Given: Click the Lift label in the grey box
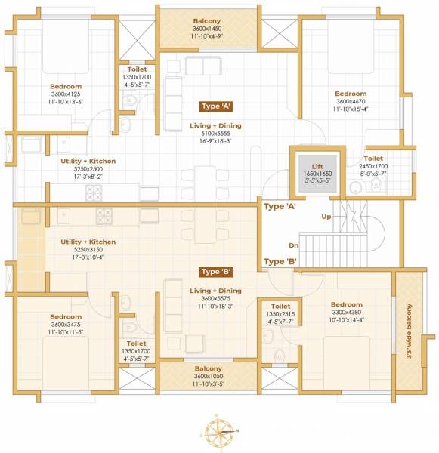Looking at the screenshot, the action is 317,166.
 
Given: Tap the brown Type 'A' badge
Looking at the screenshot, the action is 216,106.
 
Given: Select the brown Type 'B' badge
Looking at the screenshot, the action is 216,272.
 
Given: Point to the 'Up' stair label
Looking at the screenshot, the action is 326,217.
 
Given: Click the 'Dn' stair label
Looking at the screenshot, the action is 293,245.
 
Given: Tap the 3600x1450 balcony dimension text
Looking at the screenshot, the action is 207,29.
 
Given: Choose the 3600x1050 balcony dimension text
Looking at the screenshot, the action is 209,376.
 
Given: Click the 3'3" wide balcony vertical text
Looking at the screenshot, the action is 409,331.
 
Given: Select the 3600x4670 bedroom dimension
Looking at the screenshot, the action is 351,101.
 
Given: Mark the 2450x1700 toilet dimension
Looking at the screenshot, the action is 373,166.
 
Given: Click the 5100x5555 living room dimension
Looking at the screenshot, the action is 216,134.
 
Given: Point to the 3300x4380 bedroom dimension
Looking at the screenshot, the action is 347,312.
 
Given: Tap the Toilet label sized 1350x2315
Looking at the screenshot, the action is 280,307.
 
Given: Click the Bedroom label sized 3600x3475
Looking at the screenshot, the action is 66,316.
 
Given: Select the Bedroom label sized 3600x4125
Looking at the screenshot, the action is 66,86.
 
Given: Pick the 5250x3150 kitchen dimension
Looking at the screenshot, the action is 88,250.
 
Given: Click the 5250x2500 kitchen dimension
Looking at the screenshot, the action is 88,169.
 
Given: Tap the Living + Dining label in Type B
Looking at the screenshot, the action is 216,291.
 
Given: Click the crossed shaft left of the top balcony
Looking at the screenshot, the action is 137,40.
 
